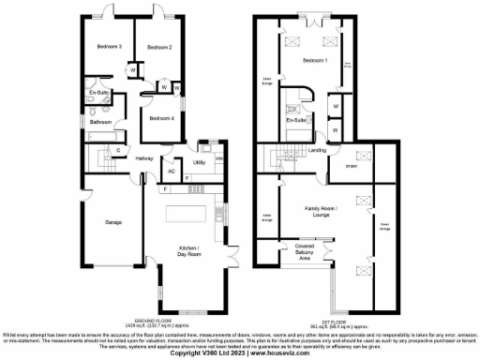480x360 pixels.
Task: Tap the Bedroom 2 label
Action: [x=158, y=46]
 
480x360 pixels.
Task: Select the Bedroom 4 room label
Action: [x=161, y=119]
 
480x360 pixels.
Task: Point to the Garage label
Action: [x=113, y=222]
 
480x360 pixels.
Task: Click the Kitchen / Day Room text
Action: [x=189, y=251]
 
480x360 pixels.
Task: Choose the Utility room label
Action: [x=199, y=162]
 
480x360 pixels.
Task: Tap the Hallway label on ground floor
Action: [x=143, y=158]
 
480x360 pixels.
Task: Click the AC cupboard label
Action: [x=172, y=172]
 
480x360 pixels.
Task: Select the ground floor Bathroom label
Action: [x=101, y=122]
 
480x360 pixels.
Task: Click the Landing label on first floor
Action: [x=318, y=149]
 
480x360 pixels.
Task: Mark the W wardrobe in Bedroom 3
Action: [x=133, y=68]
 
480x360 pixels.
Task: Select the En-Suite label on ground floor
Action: [x=99, y=94]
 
